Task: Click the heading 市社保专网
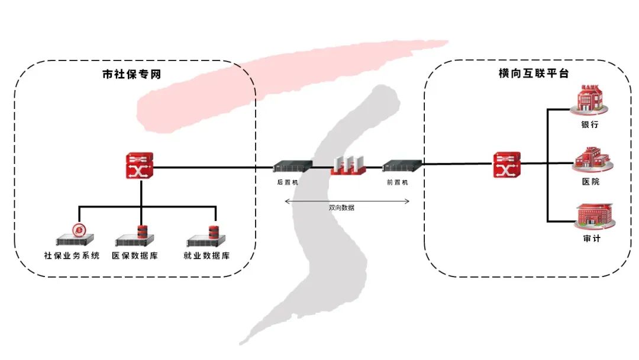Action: coord(131,75)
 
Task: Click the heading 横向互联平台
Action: coord(533,74)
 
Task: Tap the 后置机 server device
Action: coord(292,168)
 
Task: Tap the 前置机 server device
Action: coord(402,167)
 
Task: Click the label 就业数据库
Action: coord(206,256)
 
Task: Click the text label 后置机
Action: coord(288,182)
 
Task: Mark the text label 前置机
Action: coord(398,182)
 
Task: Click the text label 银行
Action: coord(590,125)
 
